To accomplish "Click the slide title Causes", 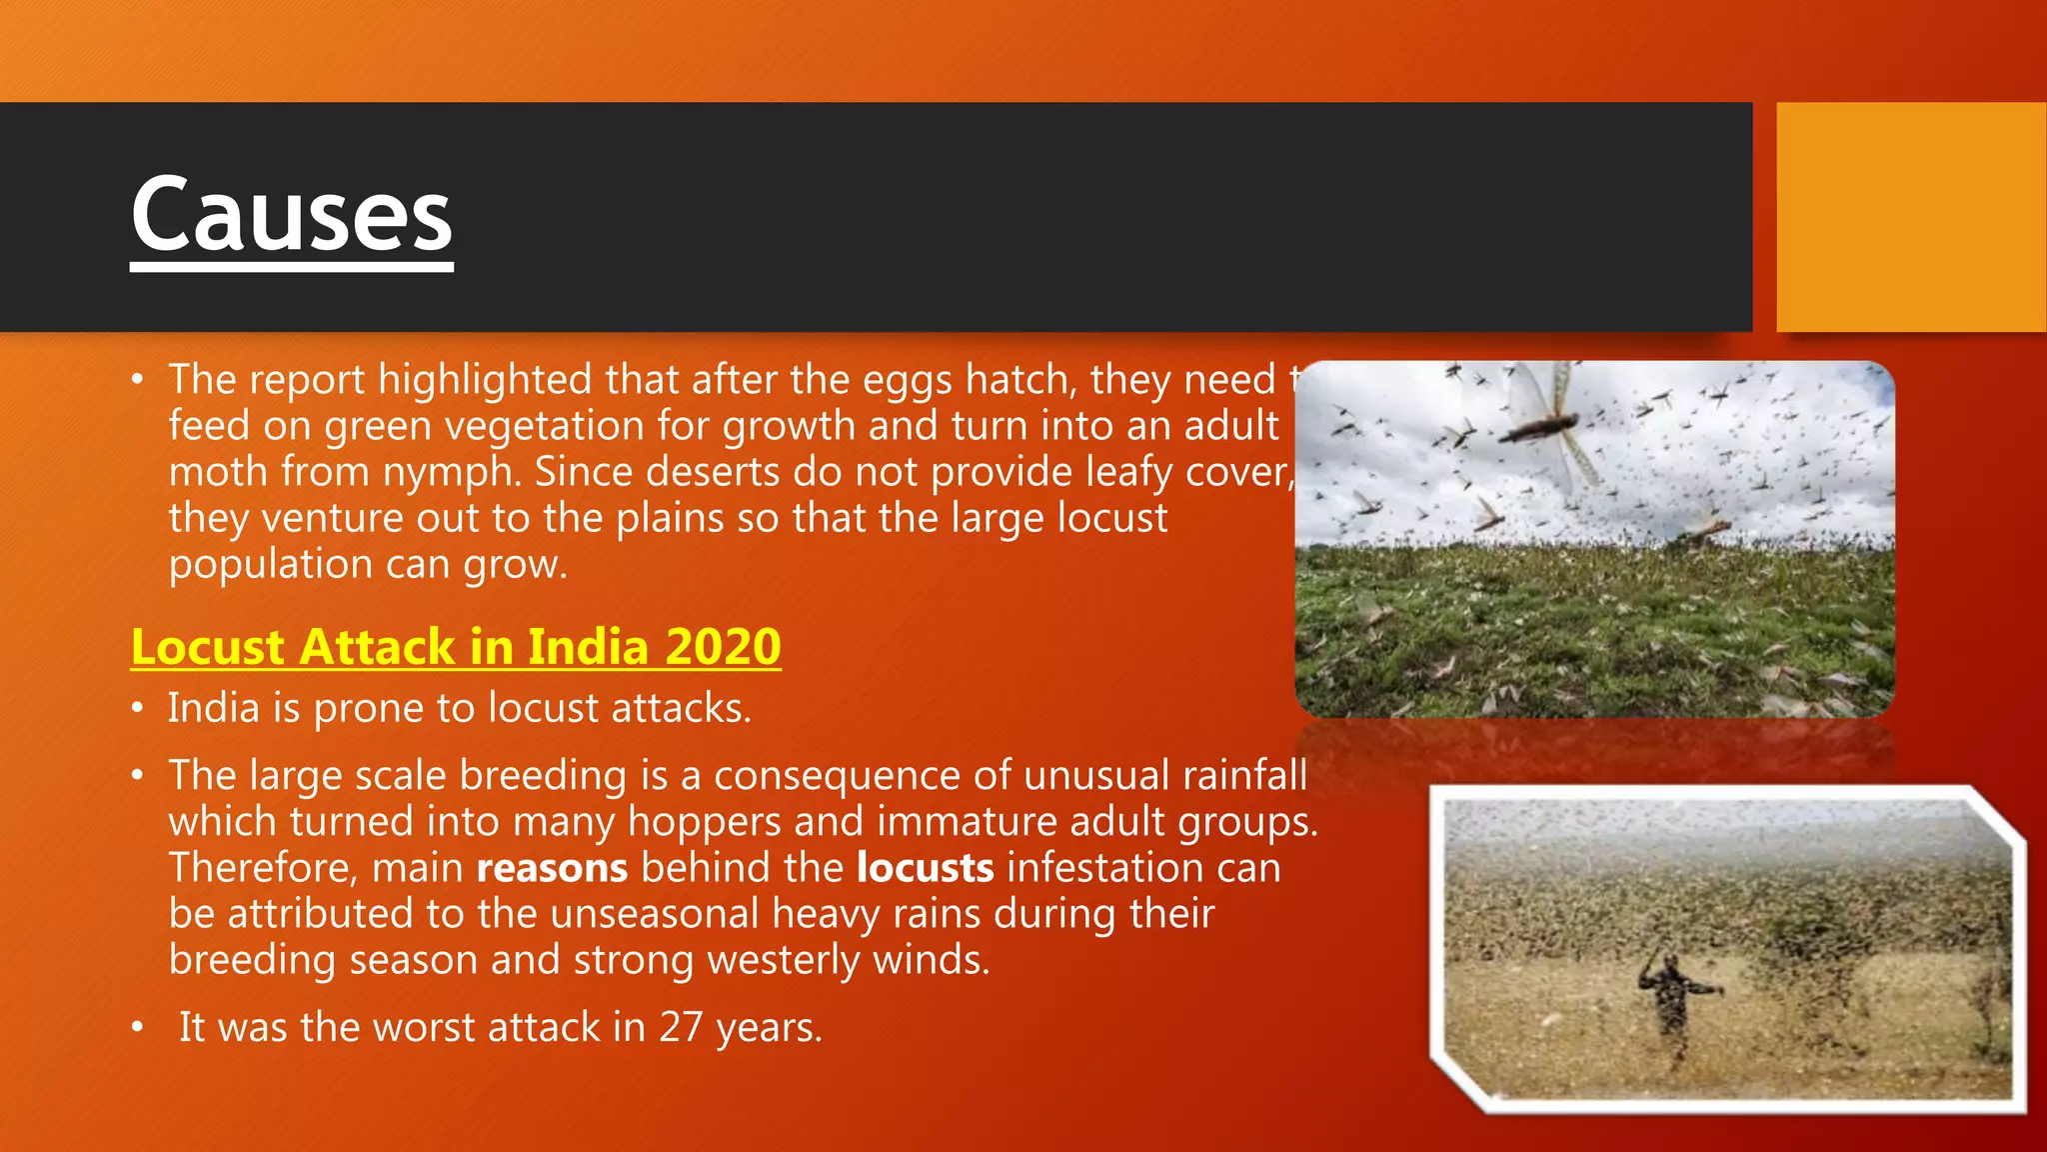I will click(291, 215).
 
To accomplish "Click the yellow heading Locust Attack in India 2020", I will click(456, 647).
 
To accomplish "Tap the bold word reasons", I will click(552, 868).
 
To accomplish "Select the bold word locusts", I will click(925, 868).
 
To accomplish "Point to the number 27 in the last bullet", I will click(681, 1028).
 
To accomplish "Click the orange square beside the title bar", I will click(1911, 216).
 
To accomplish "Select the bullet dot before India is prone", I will click(138, 709).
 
